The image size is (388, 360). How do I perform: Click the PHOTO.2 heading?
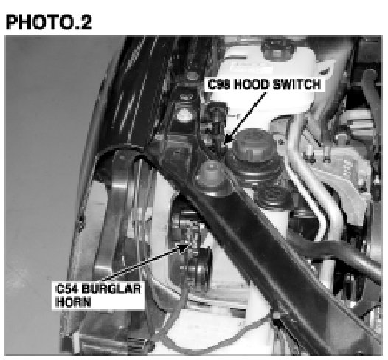(x=49, y=22)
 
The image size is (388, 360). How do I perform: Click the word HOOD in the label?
(x=251, y=84)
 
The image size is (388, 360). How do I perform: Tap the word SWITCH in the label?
(x=297, y=84)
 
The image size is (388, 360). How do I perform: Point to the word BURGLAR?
(x=111, y=289)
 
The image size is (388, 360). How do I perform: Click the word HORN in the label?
(x=73, y=302)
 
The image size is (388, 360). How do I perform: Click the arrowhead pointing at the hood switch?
(x=228, y=139)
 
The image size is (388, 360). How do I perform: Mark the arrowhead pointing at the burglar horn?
(x=184, y=246)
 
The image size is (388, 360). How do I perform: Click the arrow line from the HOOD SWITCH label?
(x=245, y=118)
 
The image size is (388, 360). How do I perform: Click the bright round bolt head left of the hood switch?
(x=184, y=115)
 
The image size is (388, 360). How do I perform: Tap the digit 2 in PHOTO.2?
(x=86, y=22)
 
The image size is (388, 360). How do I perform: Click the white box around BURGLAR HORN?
(x=98, y=295)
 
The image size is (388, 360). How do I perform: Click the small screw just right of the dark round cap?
(x=281, y=142)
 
